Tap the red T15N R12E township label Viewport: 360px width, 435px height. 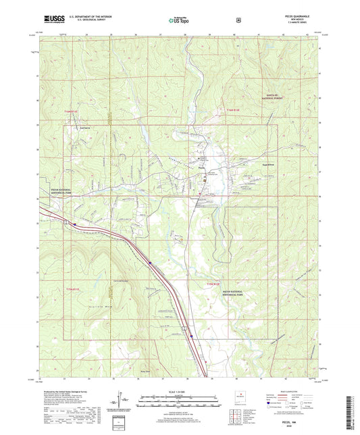[x=211, y=286]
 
